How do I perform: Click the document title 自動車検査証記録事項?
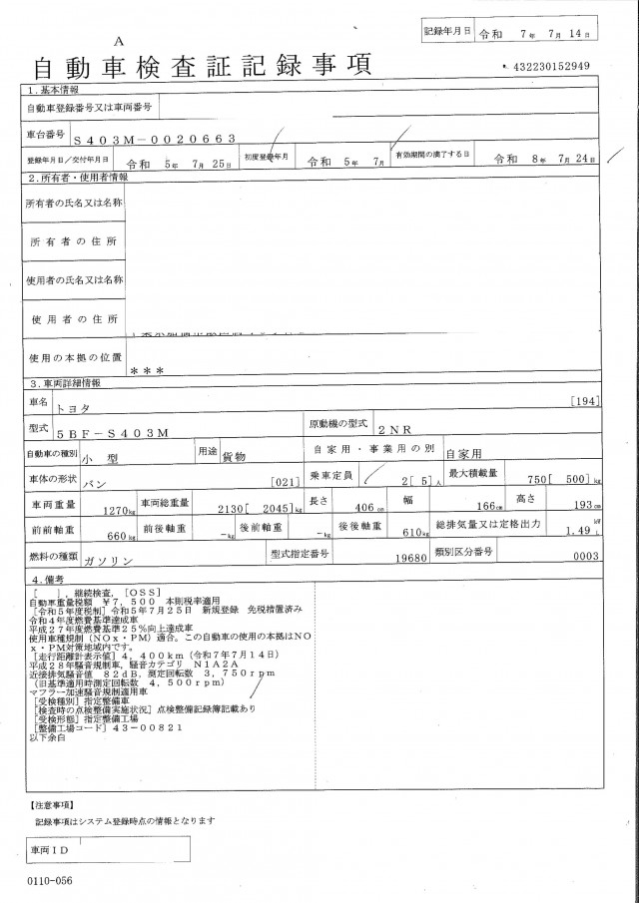pyautogui.click(x=204, y=67)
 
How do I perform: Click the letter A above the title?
pyautogui.click(x=120, y=41)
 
